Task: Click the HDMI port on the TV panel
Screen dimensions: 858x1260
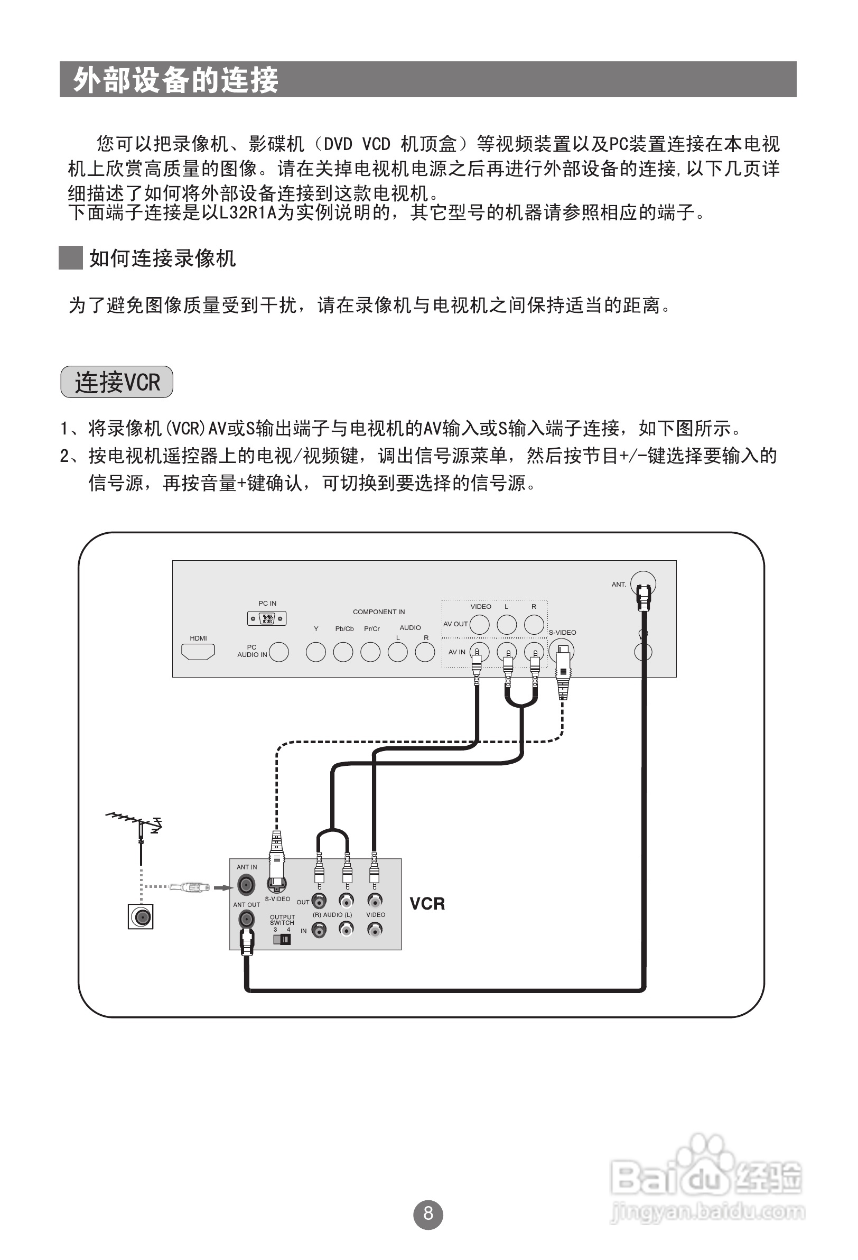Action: pyautogui.click(x=198, y=652)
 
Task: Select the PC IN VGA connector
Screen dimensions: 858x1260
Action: pyautogui.click(x=267, y=618)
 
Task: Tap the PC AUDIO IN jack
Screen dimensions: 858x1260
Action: pyautogui.click(x=278, y=652)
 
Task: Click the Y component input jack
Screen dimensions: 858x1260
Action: pyautogui.click(x=315, y=652)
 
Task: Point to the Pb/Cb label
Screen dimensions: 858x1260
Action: pyautogui.click(x=344, y=629)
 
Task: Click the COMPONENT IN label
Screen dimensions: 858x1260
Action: pyautogui.click(x=379, y=612)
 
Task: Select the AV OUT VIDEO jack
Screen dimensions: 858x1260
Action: pyautogui.click(x=479, y=625)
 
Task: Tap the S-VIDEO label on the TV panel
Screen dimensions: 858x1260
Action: pyautogui.click(x=562, y=632)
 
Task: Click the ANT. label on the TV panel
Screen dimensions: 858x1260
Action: pyautogui.click(x=619, y=585)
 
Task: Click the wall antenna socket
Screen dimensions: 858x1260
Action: pyautogui.click(x=141, y=916)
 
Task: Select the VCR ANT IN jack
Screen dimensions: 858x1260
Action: pyautogui.click(x=246, y=885)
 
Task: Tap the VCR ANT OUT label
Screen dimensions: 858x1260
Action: pyautogui.click(x=247, y=904)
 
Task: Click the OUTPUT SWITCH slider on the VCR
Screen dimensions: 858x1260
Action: pyautogui.click(x=282, y=939)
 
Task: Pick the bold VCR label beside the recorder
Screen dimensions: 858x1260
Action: pyautogui.click(x=427, y=904)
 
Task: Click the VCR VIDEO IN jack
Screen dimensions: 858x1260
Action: pyautogui.click(x=375, y=930)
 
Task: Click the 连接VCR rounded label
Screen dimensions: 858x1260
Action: pyautogui.click(x=117, y=382)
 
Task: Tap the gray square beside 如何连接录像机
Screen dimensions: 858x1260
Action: pyautogui.click(x=70, y=257)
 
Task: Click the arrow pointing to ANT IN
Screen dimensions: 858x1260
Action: pyautogui.click(x=223, y=887)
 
